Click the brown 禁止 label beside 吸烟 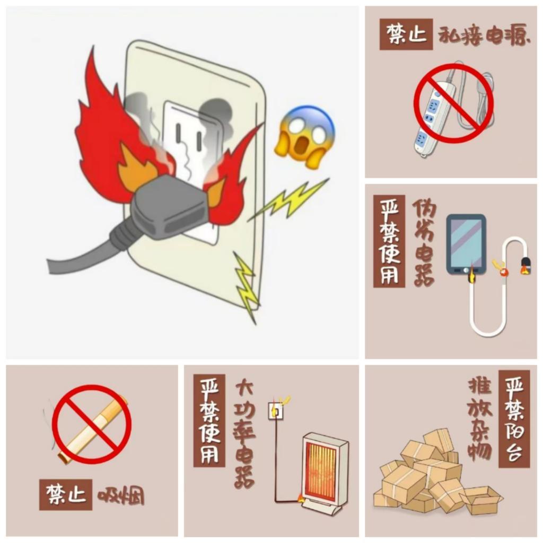pos(66,495)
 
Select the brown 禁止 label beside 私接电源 pos(406,34)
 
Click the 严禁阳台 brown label pos(514,419)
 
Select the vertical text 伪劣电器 pos(424,242)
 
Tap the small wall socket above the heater pos(276,411)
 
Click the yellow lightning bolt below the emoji pos(288,200)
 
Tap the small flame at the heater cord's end pos(300,498)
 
